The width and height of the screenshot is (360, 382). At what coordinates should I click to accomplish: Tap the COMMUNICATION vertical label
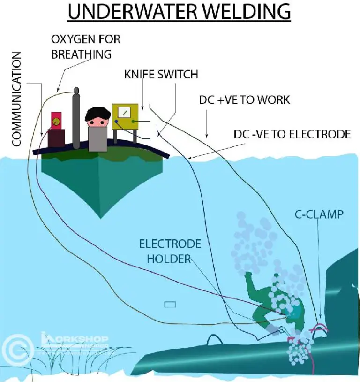16,100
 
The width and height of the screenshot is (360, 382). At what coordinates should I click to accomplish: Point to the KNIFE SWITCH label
161,74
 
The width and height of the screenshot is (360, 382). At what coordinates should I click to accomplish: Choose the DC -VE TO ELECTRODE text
292,135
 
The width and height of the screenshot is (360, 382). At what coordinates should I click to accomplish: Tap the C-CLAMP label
319,215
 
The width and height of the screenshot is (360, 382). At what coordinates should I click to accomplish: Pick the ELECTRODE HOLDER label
170,251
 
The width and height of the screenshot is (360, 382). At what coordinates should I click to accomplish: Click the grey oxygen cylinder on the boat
76,120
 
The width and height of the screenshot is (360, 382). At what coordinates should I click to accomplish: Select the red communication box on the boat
56,121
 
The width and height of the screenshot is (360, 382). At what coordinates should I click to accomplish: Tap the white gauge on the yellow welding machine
125,113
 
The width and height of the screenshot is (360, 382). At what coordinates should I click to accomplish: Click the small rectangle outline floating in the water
170,305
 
